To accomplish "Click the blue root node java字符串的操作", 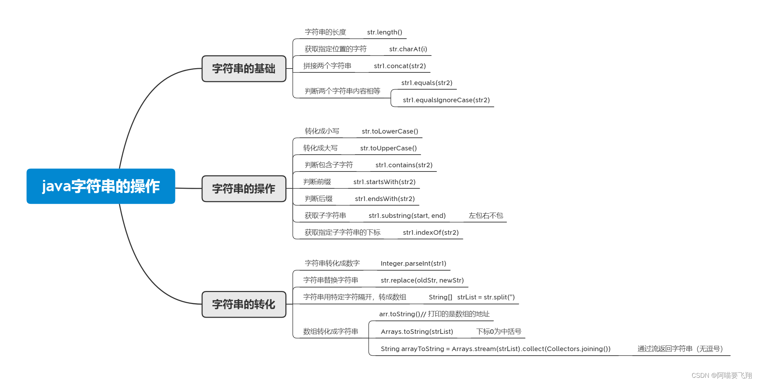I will pos(101,186).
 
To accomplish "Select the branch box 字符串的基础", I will pos(244,69).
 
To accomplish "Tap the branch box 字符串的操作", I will pos(244,189).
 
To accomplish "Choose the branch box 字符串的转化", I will pos(244,304).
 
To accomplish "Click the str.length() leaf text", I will pos(384,32).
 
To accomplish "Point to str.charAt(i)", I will pos(408,49).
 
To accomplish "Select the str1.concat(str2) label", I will pos(400,66).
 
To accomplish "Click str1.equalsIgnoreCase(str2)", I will pos(446,100).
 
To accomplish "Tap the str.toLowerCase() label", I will pos(390,131).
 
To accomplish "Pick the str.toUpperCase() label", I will pos(388,148).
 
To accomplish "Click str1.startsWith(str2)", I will pos(384,182).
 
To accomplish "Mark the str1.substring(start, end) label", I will pos(407,216).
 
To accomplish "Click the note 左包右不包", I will pos(486,216).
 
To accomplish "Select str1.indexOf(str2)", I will pos(431,233).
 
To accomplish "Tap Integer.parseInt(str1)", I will pos(413,264).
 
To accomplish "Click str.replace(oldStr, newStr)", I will pos(422,280).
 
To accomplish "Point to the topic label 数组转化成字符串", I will pos(330,331).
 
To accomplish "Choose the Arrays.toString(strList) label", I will pos(417,332).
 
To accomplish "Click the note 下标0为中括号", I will pos(499,332).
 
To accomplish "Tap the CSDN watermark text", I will pos(722,375).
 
